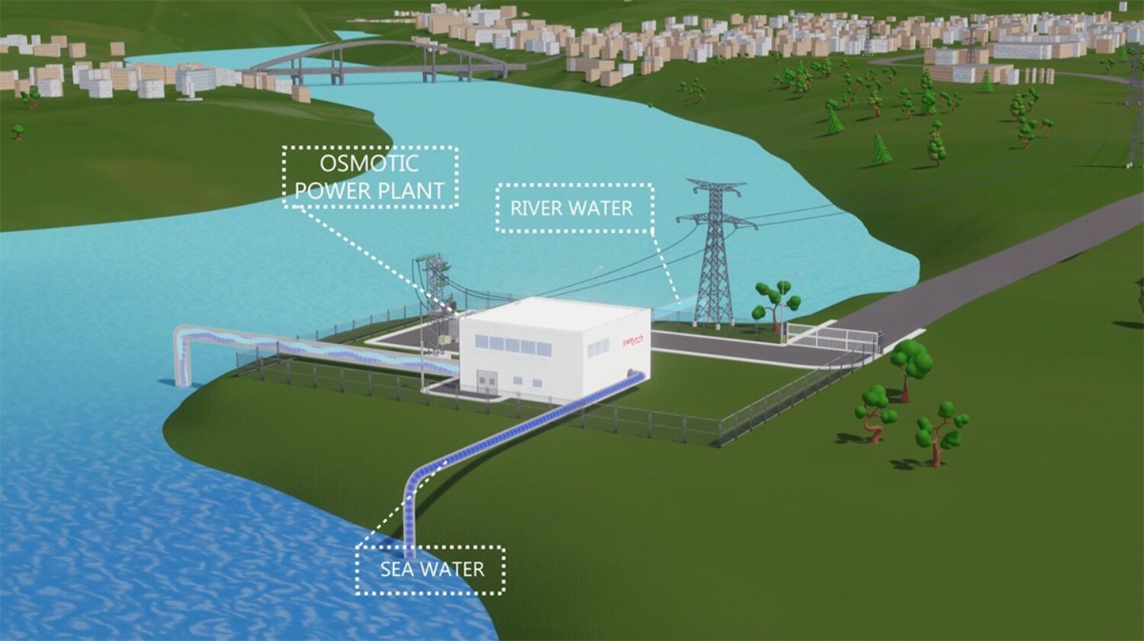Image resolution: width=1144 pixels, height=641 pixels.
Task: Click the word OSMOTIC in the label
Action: click(369, 163)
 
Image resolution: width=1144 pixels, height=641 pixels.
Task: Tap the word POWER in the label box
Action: click(327, 191)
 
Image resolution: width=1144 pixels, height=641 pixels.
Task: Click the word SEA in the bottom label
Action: click(398, 569)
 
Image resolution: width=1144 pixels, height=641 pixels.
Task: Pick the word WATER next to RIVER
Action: click(606, 208)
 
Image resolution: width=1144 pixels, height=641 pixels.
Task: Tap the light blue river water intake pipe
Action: click(305, 347)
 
